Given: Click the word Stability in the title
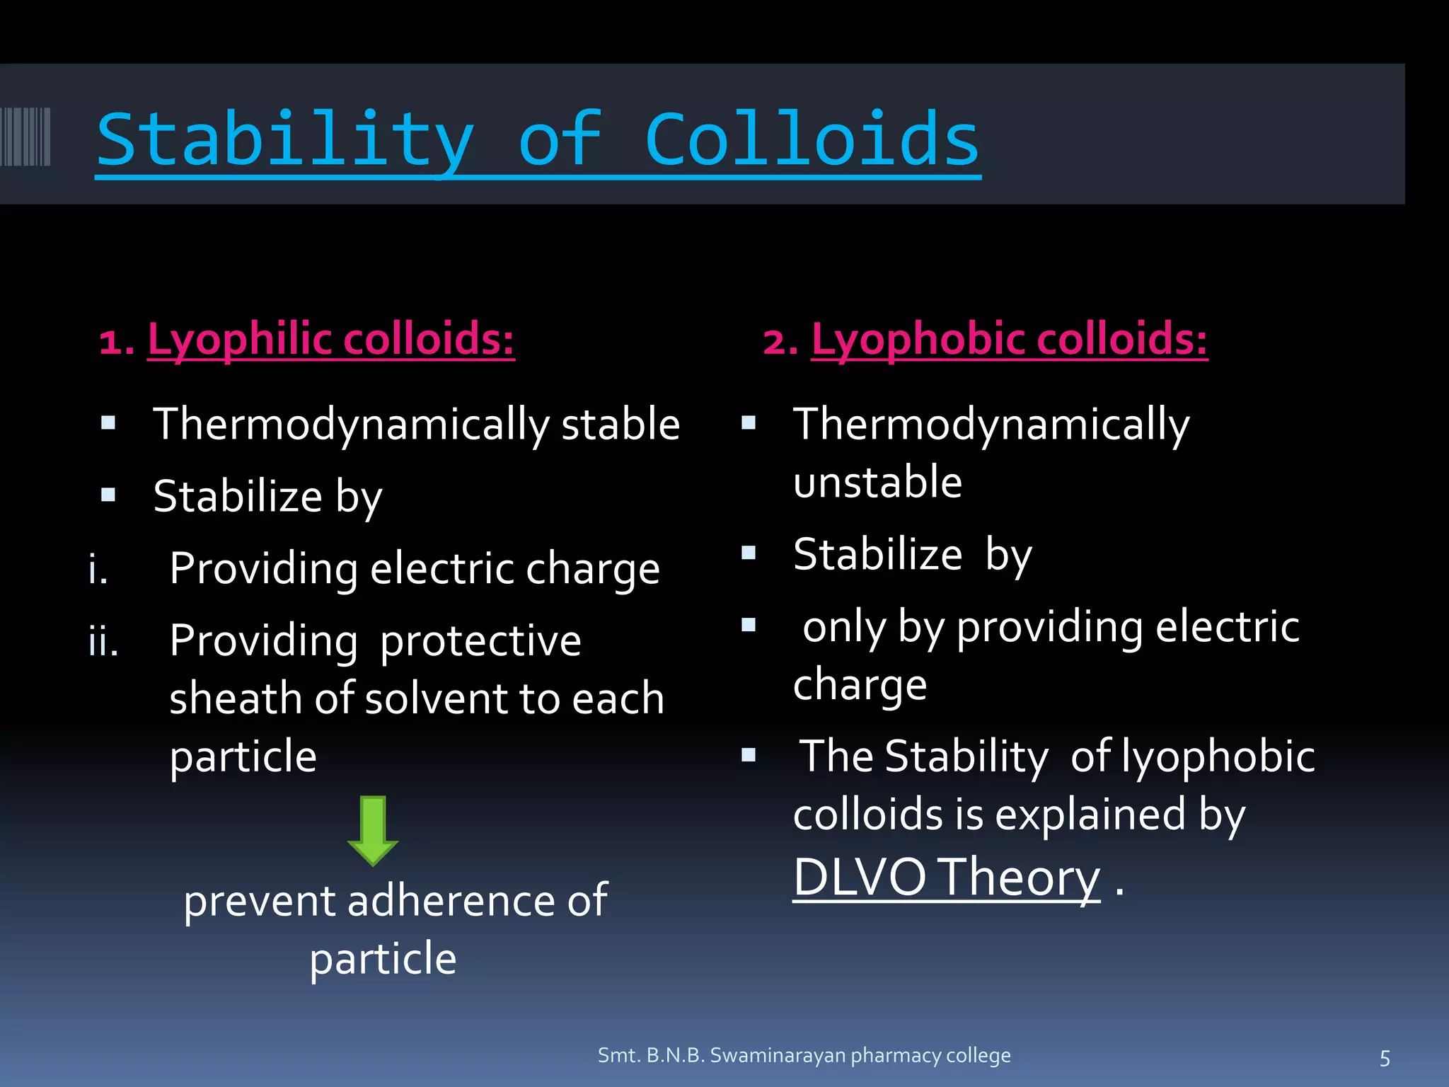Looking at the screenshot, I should (284, 141).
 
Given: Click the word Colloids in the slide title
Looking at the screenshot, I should (812, 141).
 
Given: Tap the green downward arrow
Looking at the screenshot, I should (373, 830).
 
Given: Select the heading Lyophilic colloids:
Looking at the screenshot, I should (330, 339).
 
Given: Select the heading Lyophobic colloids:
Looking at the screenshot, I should (1009, 339).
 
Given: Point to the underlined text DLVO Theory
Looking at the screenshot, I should (946, 878).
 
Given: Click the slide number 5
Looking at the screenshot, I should (1385, 1059).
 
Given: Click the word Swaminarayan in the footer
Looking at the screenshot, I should (778, 1055).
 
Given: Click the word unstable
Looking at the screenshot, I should (877, 483).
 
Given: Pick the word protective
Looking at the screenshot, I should (480, 641).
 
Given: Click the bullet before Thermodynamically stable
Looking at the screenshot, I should (108, 423).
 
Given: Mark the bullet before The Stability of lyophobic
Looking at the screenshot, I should (749, 755).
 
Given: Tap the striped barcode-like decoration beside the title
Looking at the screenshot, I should (25, 137).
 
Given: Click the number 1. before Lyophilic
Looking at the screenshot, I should (116, 343).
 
